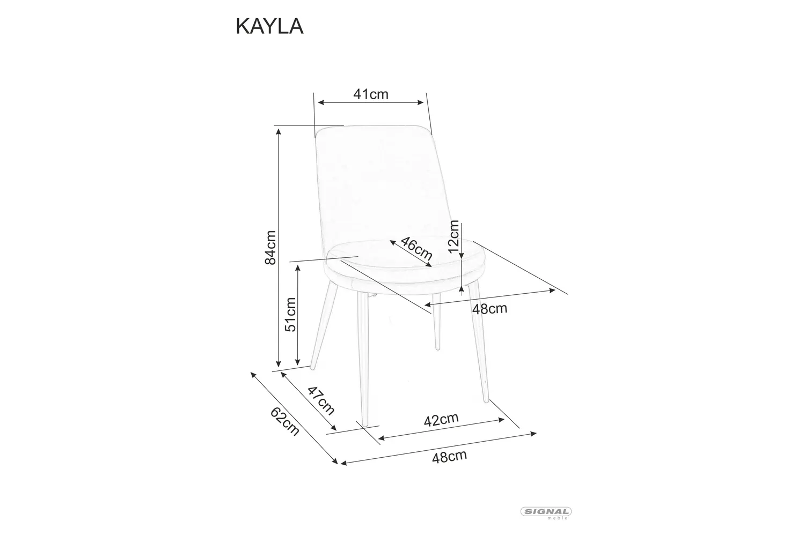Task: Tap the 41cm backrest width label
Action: click(370, 94)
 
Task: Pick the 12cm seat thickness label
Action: click(454, 236)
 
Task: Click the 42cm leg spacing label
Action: click(441, 420)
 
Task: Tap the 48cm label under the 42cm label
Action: click(449, 457)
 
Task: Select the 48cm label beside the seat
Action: click(489, 309)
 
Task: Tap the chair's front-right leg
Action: click(479, 343)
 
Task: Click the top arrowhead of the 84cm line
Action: click(279, 131)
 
